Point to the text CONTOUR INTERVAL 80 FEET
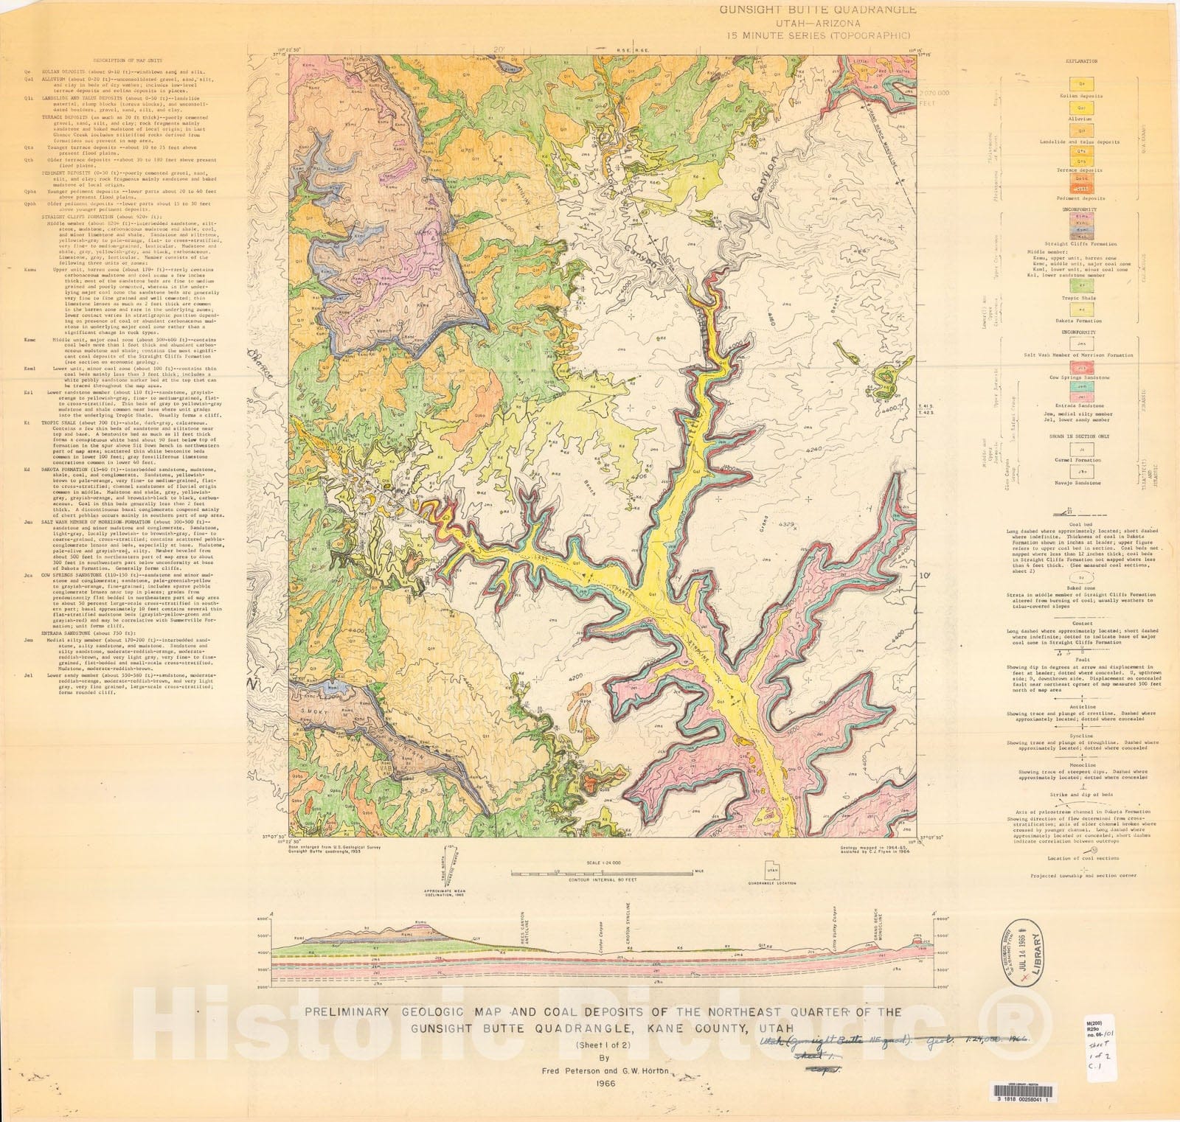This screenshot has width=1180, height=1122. coord(603,880)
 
